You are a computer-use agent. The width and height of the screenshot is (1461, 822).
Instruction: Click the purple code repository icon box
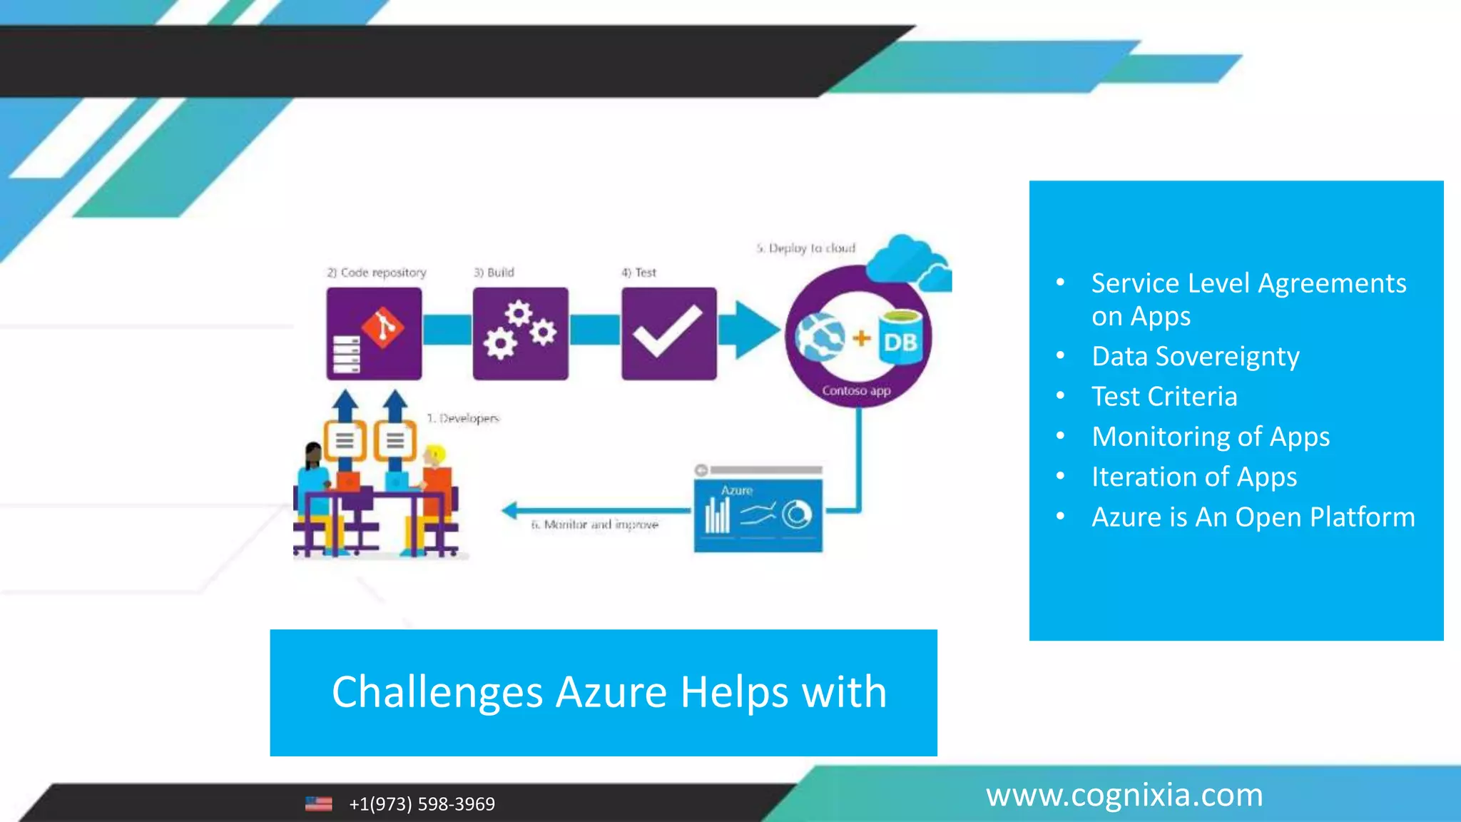(374, 333)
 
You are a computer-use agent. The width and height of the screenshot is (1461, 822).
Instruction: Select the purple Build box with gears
(520, 333)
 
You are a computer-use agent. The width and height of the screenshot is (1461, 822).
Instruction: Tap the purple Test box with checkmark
(668, 333)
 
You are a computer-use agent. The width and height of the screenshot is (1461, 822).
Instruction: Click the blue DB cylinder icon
(900, 338)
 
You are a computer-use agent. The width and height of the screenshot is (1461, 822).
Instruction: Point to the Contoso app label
(856, 391)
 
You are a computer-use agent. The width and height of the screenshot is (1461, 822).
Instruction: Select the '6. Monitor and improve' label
(594, 524)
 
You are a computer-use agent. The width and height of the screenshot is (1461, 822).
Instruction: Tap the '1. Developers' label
(464, 418)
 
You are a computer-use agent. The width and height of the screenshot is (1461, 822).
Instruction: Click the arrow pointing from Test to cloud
(749, 330)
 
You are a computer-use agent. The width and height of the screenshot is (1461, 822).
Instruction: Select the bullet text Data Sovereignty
(1195, 356)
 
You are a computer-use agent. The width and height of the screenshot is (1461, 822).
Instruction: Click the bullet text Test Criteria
(1164, 397)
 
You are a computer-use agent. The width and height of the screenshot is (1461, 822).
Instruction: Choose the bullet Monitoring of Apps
(1211, 437)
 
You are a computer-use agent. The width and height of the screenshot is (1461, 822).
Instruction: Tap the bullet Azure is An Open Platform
(1253, 517)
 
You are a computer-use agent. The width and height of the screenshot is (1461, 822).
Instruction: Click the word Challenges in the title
(437, 692)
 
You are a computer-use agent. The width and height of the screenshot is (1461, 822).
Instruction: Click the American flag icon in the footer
(318, 804)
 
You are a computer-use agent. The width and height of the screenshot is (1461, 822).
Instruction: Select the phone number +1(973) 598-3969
(422, 804)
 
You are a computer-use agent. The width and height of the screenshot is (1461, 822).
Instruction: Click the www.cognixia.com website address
(1124, 795)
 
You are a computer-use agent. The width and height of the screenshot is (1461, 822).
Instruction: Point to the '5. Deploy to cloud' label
(806, 248)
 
